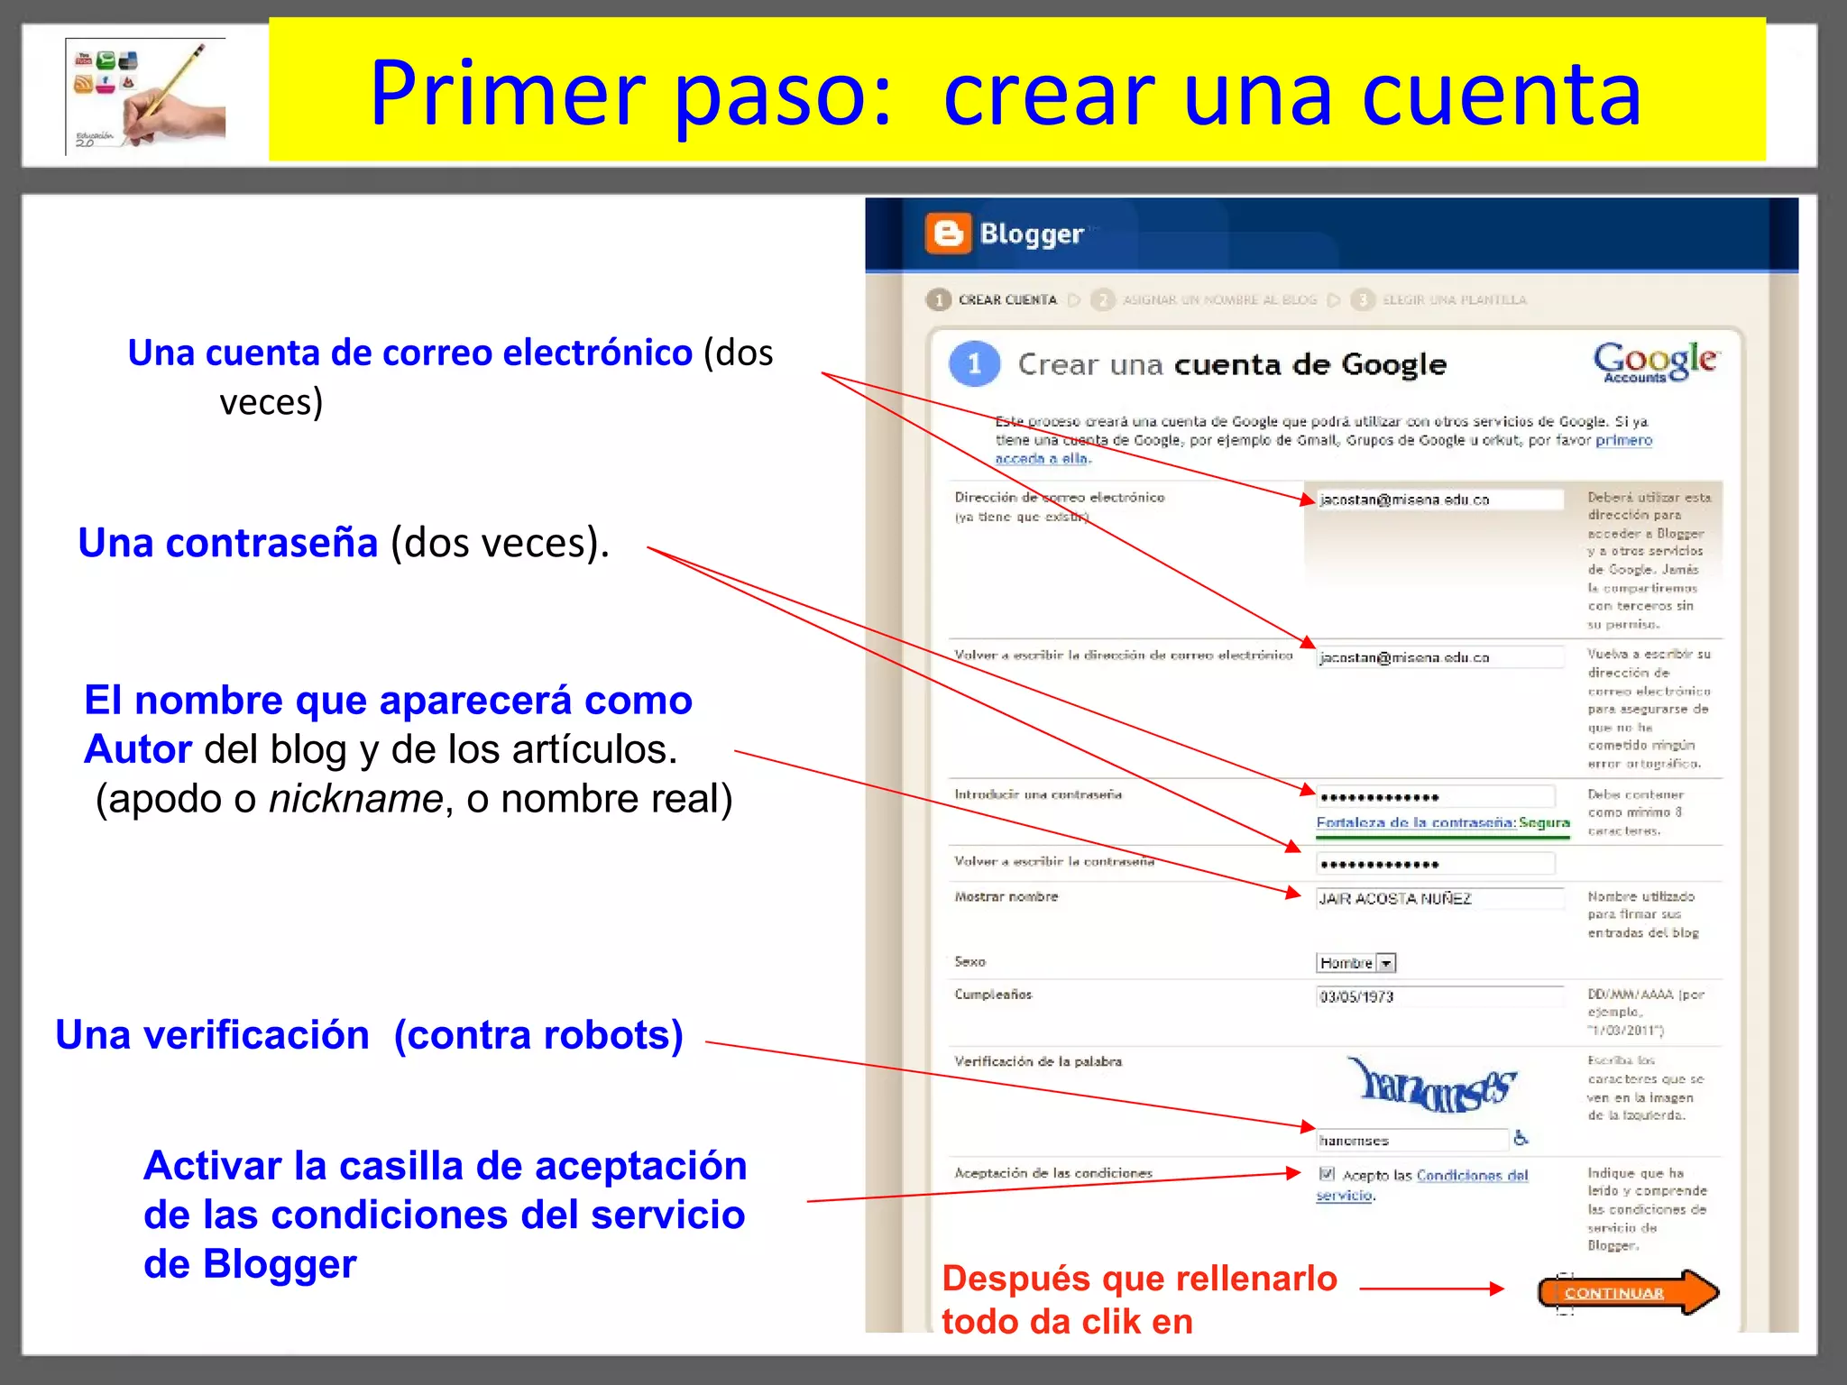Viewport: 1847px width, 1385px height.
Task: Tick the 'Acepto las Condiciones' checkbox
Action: (1327, 1173)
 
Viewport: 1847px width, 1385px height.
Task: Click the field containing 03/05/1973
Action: (1438, 996)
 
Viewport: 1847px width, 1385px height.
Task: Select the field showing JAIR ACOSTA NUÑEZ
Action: (1438, 898)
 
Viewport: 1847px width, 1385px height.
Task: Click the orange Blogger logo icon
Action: (948, 234)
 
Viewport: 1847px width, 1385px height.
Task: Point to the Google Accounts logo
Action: (1656, 362)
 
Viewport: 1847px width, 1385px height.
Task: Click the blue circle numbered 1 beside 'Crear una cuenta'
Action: (974, 364)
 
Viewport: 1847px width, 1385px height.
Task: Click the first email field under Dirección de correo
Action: (1438, 499)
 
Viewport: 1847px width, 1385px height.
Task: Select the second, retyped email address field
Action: (1438, 657)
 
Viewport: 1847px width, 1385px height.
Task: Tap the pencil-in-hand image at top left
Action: (147, 96)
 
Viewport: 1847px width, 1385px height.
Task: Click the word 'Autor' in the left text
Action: (138, 749)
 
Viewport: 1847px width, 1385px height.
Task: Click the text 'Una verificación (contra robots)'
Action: (369, 1034)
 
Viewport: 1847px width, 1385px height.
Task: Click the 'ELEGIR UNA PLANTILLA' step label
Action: (1454, 299)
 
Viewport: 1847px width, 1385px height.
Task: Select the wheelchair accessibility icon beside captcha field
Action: (1521, 1138)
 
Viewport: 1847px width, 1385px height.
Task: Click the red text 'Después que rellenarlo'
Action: (1139, 1278)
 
